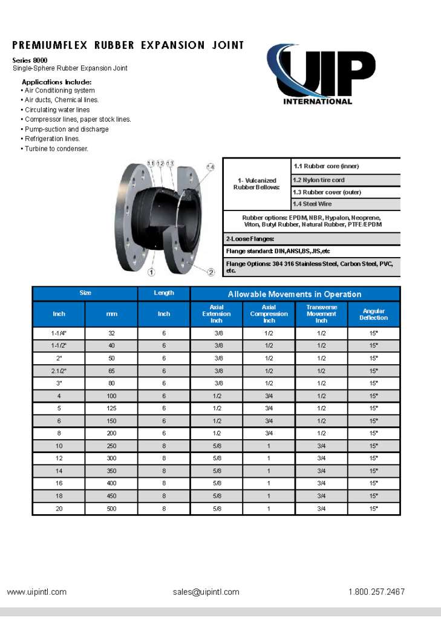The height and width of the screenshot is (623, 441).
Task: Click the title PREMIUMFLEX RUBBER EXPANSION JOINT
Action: coord(128,45)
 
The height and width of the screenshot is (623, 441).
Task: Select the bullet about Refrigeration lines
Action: coord(52,139)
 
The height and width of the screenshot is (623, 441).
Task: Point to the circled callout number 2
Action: coord(211,272)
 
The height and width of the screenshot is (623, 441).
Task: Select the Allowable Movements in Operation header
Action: coord(295,294)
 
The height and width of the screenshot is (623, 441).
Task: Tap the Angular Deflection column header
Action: coord(373,315)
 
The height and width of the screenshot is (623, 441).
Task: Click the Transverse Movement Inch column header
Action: coord(321,314)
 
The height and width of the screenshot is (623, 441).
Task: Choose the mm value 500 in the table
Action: coord(111,509)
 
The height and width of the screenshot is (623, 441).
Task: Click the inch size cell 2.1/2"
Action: coord(59,371)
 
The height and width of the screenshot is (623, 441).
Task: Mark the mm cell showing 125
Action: coord(111,408)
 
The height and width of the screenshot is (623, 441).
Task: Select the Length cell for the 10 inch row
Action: coord(163,446)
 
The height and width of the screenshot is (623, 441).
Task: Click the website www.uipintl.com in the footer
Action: coord(37,592)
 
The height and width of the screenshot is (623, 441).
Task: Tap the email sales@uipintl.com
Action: coord(206,592)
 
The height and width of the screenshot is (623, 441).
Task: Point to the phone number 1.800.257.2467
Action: coord(376,592)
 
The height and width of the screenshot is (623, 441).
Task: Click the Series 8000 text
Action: coord(30,60)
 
